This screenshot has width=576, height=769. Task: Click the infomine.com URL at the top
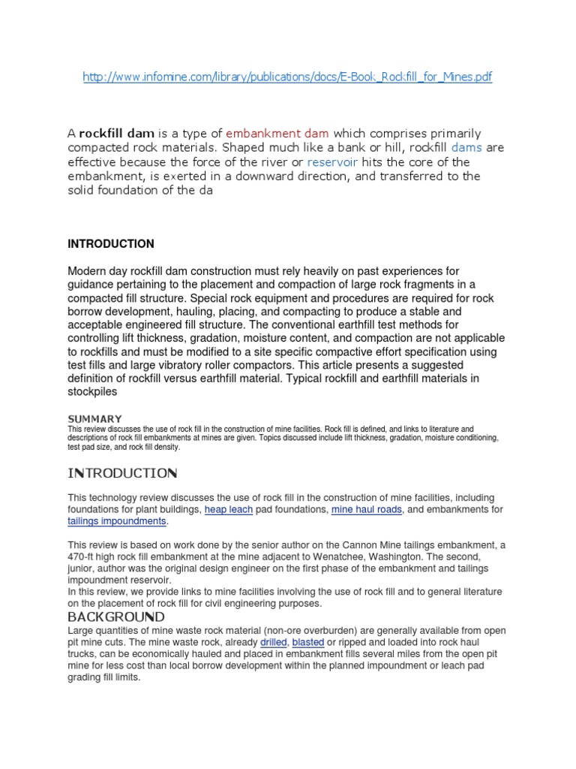coord(287,77)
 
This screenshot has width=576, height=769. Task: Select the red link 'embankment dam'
coord(277,134)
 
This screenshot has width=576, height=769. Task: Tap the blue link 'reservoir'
coord(332,162)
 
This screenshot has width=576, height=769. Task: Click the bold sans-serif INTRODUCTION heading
coord(111,244)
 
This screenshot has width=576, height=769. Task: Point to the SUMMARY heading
coord(94,418)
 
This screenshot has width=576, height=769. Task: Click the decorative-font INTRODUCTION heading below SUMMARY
coord(122,473)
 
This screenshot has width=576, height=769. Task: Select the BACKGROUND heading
coord(116,617)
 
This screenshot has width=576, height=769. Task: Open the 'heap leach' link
coord(228,510)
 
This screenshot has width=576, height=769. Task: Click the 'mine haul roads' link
coord(367,510)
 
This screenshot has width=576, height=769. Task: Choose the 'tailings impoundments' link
coord(117,521)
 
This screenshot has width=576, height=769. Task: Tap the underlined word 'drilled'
coord(274,643)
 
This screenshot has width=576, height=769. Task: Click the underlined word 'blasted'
coord(308,643)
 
